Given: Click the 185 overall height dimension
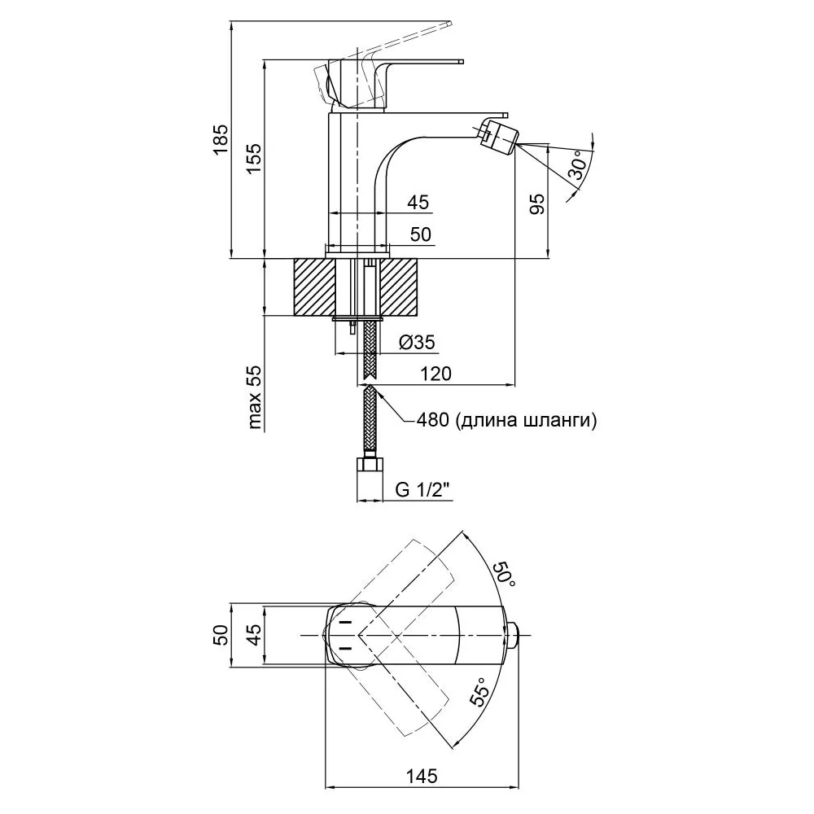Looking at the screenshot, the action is pyautogui.click(x=221, y=138).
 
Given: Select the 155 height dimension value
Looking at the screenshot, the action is pyautogui.click(x=254, y=158).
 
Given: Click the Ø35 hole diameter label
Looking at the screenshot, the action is pyautogui.click(x=417, y=342).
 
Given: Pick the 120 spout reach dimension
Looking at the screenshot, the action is pyautogui.click(x=435, y=374).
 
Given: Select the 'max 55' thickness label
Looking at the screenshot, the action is pyautogui.click(x=256, y=397).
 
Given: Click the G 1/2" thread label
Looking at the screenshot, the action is pyautogui.click(x=422, y=489).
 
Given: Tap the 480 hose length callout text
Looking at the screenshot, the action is pyautogui.click(x=506, y=419).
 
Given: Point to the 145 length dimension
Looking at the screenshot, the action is pyautogui.click(x=422, y=777).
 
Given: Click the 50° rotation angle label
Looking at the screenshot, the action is pyautogui.click(x=504, y=575).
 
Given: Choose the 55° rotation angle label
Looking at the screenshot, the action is pyautogui.click(x=479, y=692).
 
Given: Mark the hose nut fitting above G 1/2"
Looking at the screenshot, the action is pyautogui.click(x=370, y=464).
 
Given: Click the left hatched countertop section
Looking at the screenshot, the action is pyautogui.click(x=314, y=287).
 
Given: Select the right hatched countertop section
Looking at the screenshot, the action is pyautogui.click(x=399, y=287).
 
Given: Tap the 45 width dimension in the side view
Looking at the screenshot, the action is pyautogui.click(x=418, y=202).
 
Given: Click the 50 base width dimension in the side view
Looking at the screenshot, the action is pyautogui.click(x=421, y=234).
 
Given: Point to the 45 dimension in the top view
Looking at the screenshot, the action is pyautogui.click(x=254, y=634).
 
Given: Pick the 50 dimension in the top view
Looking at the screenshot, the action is pyautogui.click(x=221, y=634).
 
